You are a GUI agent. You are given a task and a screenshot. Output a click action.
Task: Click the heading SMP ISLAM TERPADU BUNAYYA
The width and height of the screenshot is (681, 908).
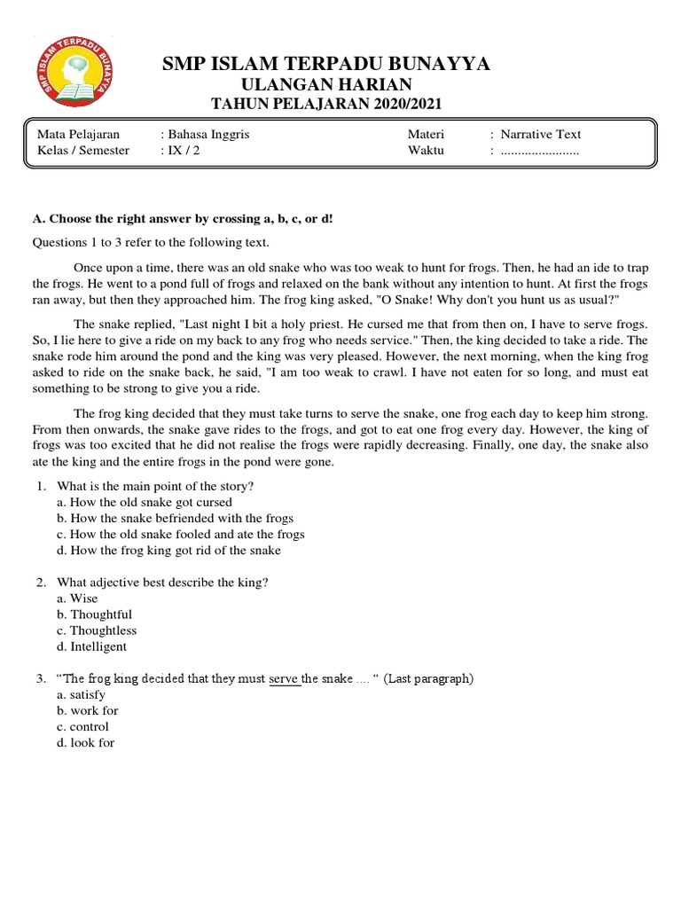[326, 64]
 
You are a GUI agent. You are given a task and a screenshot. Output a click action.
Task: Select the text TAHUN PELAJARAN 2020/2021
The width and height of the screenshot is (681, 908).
[326, 105]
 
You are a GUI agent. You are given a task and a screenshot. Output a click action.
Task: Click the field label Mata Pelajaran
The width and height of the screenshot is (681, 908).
[78, 135]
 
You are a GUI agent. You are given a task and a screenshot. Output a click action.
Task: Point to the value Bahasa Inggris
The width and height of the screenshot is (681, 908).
[206, 135]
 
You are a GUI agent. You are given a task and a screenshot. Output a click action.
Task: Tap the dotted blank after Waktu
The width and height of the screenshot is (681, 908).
[539, 151]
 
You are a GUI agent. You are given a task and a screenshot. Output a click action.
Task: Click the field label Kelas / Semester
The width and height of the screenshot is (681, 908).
[83, 150]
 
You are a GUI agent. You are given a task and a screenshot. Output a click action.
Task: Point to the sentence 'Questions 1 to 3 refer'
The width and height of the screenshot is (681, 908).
[150, 242]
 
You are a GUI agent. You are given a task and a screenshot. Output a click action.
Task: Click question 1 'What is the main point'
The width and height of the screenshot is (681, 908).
[155, 486]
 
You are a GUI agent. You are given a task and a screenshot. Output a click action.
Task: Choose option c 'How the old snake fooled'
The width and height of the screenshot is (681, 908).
[181, 534]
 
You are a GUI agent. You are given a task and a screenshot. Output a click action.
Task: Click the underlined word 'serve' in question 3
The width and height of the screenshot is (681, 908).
[284, 679]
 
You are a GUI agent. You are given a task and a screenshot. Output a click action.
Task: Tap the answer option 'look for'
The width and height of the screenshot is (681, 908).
[85, 742]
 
